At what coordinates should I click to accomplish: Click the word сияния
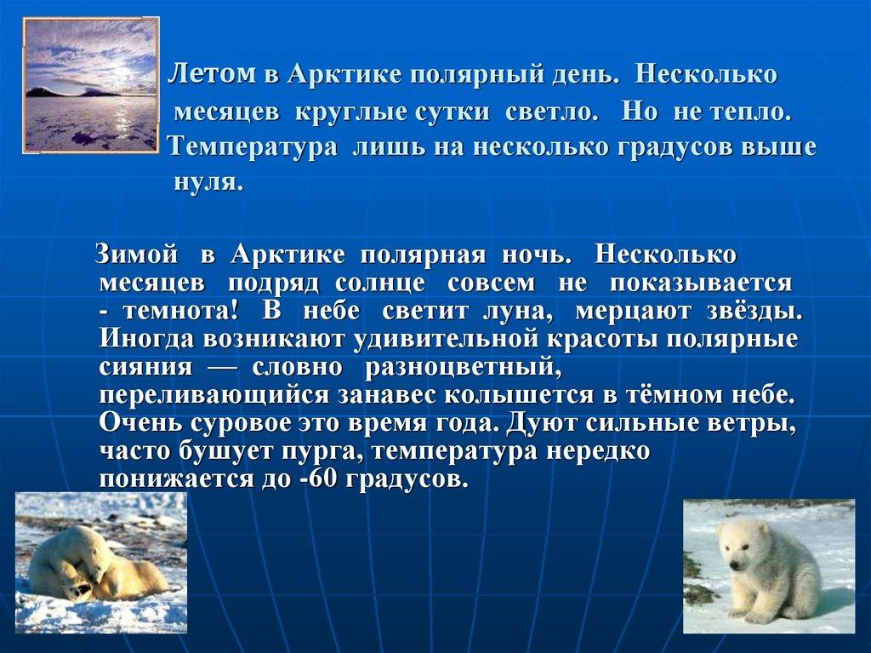pyautogui.click(x=140, y=368)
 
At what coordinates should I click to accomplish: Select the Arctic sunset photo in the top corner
pyautogui.click(x=90, y=84)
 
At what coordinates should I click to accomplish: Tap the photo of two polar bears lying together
pyautogui.click(x=100, y=563)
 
